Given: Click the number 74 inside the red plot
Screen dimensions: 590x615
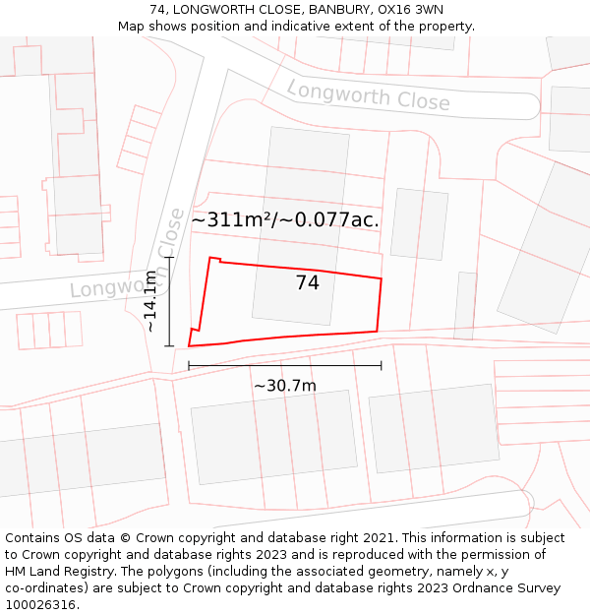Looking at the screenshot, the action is tap(307, 283).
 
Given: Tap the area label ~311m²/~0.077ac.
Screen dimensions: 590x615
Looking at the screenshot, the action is tap(285, 220).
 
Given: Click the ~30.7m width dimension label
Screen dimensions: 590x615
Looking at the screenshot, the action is tap(285, 386).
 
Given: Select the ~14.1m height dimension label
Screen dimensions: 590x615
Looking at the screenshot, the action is tap(150, 301).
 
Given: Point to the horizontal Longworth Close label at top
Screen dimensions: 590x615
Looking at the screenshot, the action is tap(368, 95).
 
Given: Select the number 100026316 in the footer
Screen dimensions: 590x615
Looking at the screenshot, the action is tap(40, 605).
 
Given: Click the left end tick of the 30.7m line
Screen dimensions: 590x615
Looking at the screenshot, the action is tap(189, 366).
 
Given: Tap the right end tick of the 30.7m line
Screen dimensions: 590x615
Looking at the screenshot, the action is tap(381, 366).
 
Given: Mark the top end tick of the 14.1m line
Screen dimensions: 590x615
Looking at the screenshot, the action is tap(170, 258).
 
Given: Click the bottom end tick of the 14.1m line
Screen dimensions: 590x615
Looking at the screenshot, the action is tap(170, 345).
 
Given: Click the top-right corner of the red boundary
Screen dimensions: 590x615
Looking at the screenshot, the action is tap(381, 278).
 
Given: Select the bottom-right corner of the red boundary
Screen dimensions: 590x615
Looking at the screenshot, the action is tap(378, 332).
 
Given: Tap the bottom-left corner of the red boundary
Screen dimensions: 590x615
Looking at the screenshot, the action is tap(189, 345).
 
